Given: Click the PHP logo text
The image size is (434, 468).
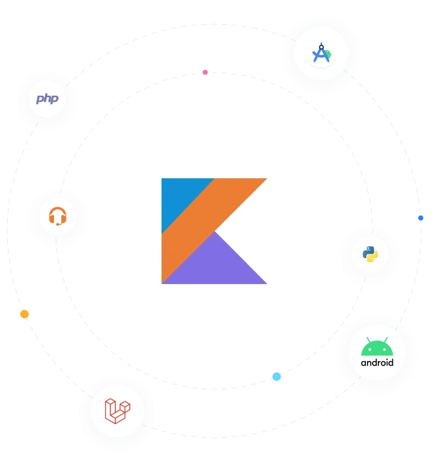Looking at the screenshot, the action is [47, 99].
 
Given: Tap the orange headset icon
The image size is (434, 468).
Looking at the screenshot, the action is [57, 216].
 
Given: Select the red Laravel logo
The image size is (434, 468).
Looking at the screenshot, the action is [118, 411].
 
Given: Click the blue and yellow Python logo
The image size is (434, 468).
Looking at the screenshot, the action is [370, 254].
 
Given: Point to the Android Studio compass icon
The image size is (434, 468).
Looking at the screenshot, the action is [321, 53].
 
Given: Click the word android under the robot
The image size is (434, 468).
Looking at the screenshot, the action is [377, 363].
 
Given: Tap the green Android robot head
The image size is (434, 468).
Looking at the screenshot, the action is [377, 347].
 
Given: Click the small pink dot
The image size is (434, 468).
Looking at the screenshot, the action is [205, 72].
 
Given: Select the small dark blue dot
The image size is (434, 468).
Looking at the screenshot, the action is [420, 218].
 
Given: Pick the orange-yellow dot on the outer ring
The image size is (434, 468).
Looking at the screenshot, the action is [25, 314].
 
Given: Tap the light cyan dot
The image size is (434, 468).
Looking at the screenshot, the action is [276, 377].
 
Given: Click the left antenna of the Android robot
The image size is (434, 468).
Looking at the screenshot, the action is [369, 340].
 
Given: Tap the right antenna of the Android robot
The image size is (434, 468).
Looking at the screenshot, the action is [386, 340].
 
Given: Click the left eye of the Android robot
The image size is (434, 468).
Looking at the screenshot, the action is [370, 349].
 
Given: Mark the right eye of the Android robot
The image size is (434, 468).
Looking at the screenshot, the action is [384, 349].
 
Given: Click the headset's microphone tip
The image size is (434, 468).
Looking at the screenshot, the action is [58, 224].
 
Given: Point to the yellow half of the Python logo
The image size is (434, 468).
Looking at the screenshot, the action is [373, 256].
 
